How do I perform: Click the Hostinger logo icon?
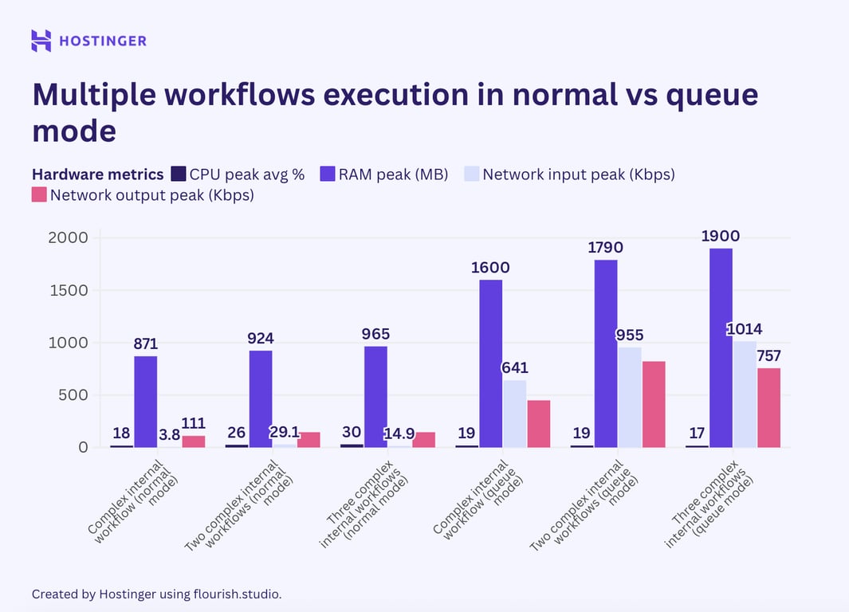pos(41,41)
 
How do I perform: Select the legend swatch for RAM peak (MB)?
pos(328,174)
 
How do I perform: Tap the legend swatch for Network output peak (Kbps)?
pos(40,194)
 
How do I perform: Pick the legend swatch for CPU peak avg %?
pos(179,174)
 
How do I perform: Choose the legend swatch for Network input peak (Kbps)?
pos(472,174)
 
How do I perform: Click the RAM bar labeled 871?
pos(145,402)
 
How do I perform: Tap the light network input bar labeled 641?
pos(514,414)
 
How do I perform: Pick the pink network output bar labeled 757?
pos(768,407)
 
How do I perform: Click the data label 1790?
pos(606,248)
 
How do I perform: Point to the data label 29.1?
pos(285,432)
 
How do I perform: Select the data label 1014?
pos(745,329)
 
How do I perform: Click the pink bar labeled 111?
pos(193,441)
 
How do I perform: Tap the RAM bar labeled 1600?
pos(490,363)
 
